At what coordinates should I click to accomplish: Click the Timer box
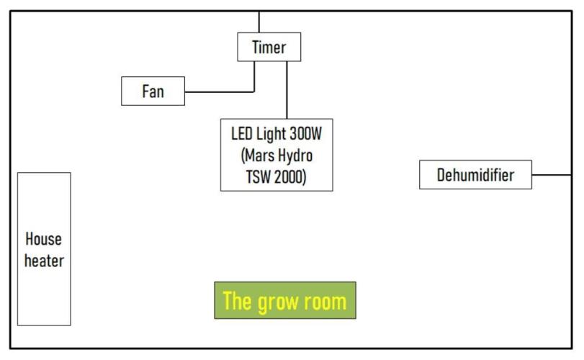click(269, 48)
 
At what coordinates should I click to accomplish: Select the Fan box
click(153, 91)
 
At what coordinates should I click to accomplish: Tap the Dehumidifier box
click(475, 175)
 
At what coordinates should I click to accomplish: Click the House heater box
click(44, 249)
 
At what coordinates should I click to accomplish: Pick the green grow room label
click(285, 300)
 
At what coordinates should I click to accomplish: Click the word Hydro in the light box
click(296, 156)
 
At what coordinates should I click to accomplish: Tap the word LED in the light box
click(243, 134)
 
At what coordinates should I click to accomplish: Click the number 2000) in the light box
click(291, 176)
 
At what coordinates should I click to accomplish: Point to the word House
click(44, 239)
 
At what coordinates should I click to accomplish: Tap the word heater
click(44, 260)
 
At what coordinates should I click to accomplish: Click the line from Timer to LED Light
click(287, 90)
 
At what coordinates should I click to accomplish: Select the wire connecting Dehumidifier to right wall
click(552, 175)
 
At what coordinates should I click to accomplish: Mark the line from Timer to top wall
click(259, 22)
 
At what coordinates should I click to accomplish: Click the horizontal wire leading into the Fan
click(219, 92)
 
